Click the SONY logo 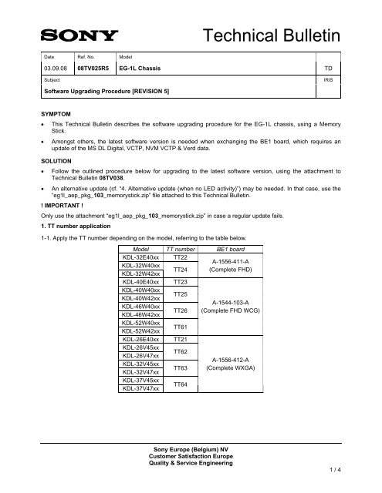tap(75, 35)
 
